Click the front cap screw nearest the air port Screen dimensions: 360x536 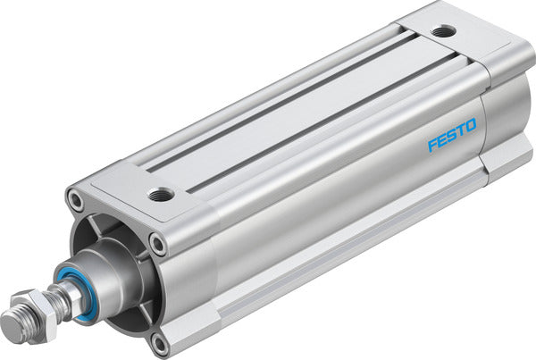tap(157, 241)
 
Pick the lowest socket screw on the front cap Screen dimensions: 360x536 tap(159, 340)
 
